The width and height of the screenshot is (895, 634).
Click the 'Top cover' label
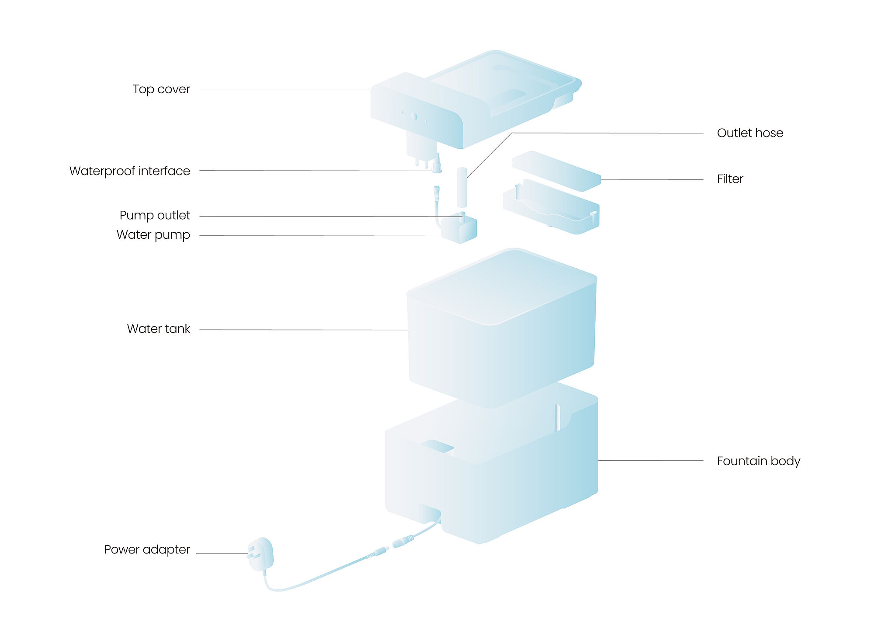coord(161,89)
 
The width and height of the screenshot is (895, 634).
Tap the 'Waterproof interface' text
coord(130,171)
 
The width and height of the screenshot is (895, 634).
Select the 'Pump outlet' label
coord(155,215)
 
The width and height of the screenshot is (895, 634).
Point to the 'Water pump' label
coord(153,235)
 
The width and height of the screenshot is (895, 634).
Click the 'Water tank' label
coord(159,329)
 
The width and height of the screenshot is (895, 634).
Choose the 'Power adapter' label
coord(147,550)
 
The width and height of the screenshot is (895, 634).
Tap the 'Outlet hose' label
coord(750,133)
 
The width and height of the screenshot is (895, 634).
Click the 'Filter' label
coord(730,179)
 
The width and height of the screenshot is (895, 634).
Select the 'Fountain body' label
coord(759,461)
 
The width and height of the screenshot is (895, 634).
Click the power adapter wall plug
coord(260,554)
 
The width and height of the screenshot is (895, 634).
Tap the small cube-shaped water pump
coord(458,229)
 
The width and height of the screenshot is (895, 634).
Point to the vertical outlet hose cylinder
coord(462,187)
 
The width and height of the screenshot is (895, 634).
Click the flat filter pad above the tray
coord(556,171)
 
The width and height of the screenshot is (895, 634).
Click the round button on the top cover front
coord(414,116)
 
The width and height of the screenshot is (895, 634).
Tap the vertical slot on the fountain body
coord(557,418)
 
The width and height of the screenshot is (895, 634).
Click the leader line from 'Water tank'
coord(304,330)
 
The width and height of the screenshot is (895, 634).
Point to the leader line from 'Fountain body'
coord(651,460)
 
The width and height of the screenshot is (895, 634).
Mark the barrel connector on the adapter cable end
coord(402,542)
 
